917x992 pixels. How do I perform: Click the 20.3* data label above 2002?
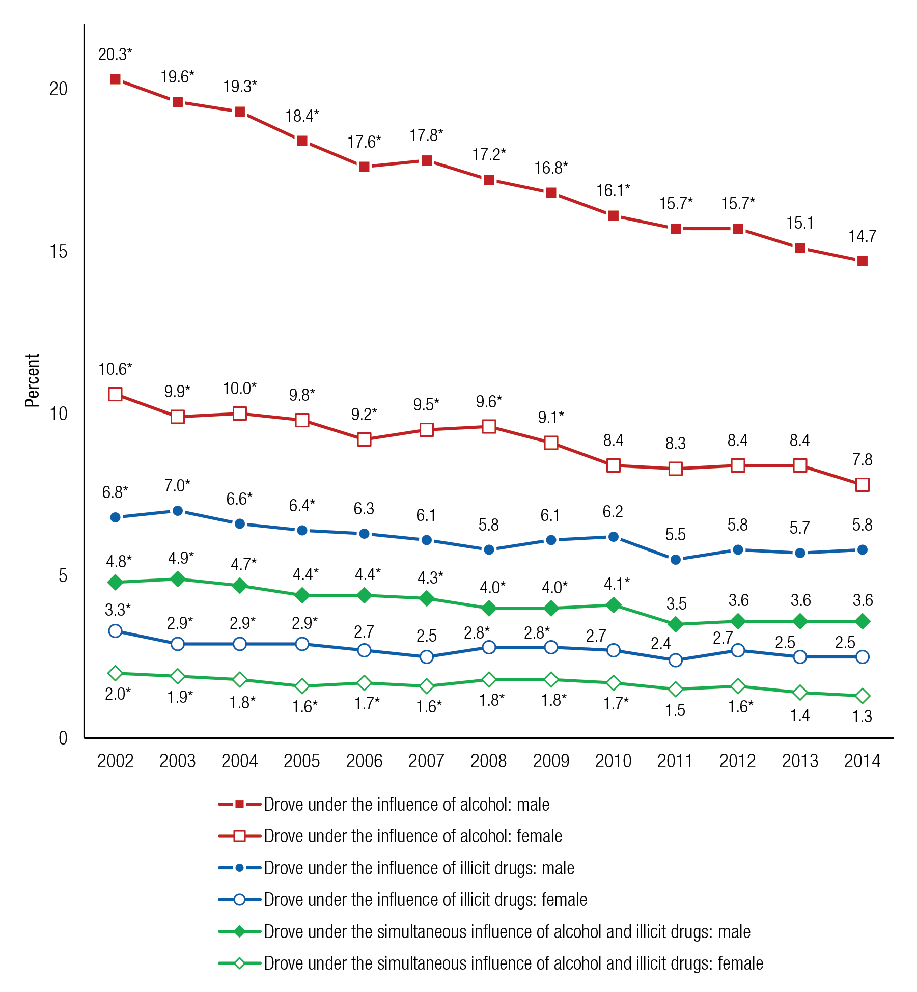coord(115,54)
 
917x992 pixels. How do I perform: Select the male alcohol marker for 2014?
coord(862,261)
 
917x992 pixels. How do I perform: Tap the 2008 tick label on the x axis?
coord(488,761)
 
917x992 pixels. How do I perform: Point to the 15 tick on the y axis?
coord(59,251)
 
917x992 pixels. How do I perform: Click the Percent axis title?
coord(32,380)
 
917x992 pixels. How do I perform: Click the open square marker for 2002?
coord(115,394)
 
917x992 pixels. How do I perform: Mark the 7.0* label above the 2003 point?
coord(177,486)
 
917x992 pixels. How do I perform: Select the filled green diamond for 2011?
coord(675,624)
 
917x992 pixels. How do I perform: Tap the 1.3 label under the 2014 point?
coord(862,717)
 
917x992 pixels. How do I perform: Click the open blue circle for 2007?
coord(426,657)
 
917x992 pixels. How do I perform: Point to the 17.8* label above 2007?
coord(426,135)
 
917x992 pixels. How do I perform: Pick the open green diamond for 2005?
coord(302,686)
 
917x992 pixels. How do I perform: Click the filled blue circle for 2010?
coord(613,537)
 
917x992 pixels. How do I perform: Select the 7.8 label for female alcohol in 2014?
coord(862,460)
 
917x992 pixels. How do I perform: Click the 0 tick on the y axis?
coord(63,738)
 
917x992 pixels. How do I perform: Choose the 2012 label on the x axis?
coord(737,761)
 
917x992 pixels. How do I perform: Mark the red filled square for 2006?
coord(364,167)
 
